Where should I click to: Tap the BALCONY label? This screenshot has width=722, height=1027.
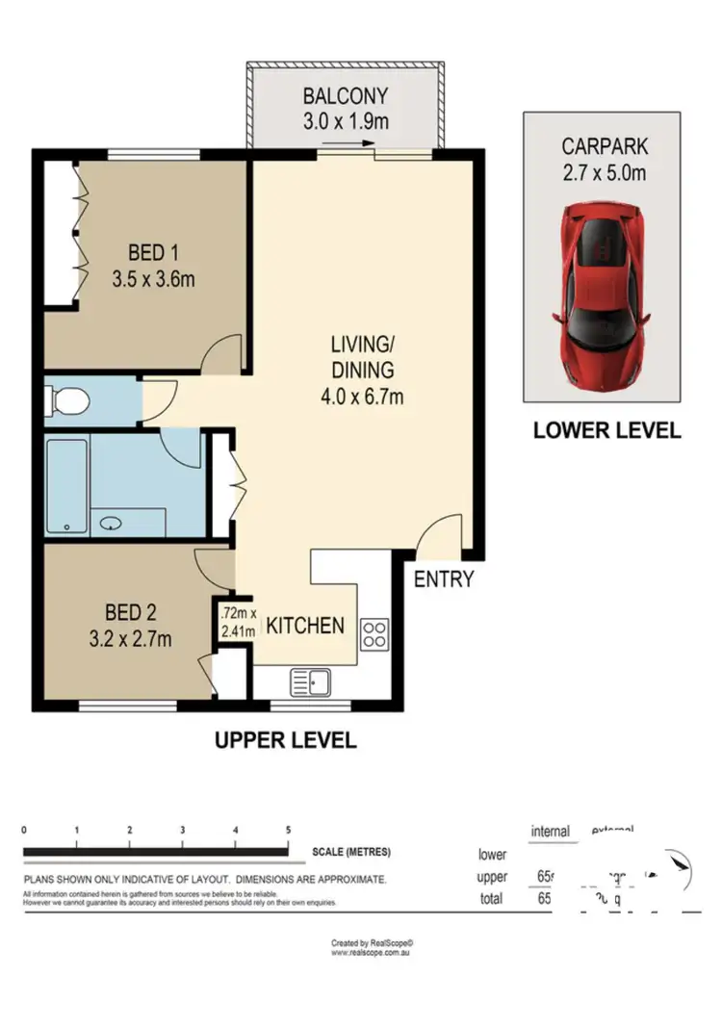(x=345, y=96)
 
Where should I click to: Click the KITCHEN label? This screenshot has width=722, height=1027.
(x=304, y=626)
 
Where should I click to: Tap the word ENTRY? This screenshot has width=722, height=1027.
(x=444, y=579)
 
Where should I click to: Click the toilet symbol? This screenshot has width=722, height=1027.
(x=67, y=399)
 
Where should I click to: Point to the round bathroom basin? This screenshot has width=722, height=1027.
(x=112, y=525)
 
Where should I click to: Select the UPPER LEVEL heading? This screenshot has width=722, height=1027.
(x=284, y=740)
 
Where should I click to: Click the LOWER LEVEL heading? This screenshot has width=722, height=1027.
(x=606, y=430)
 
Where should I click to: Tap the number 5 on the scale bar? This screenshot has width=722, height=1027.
(x=288, y=829)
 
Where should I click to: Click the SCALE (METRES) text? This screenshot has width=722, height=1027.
(x=350, y=852)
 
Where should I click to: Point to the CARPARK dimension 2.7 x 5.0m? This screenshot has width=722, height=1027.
(x=605, y=173)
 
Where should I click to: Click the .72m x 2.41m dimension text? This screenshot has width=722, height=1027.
(x=237, y=622)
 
